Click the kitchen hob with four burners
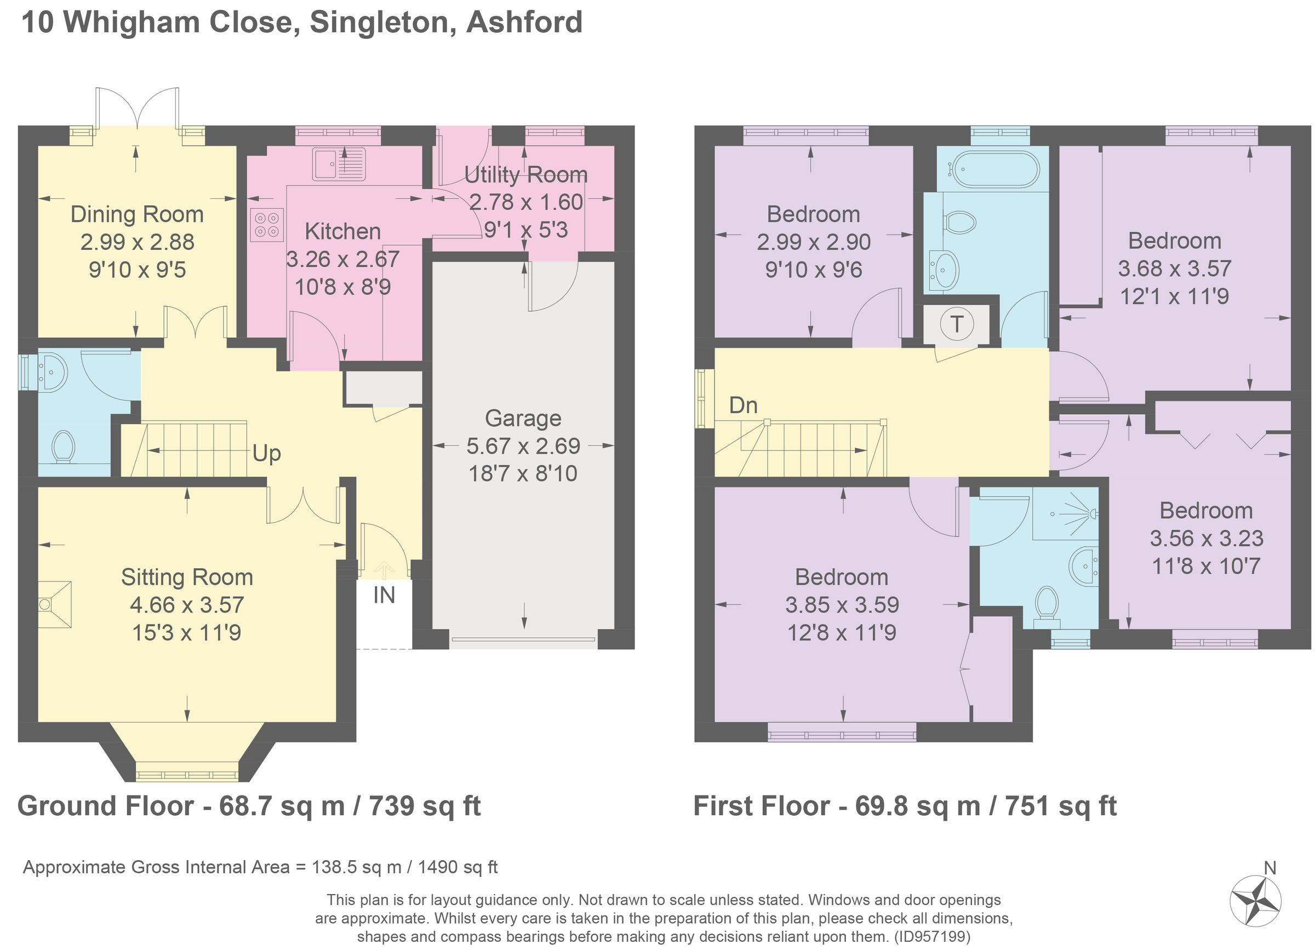pos(267,225)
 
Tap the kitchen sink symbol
pos(339,164)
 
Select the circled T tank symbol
pos(957,323)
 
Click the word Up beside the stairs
pos(266,453)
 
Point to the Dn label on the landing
pos(743,405)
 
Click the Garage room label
pos(523,418)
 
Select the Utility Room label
pos(525,174)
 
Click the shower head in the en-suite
pos(1093,513)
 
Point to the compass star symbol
pos(1255,902)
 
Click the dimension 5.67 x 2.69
pos(523,446)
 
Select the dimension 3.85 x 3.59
pos(842,604)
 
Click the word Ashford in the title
pos(524,22)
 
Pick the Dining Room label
pos(137,214)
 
